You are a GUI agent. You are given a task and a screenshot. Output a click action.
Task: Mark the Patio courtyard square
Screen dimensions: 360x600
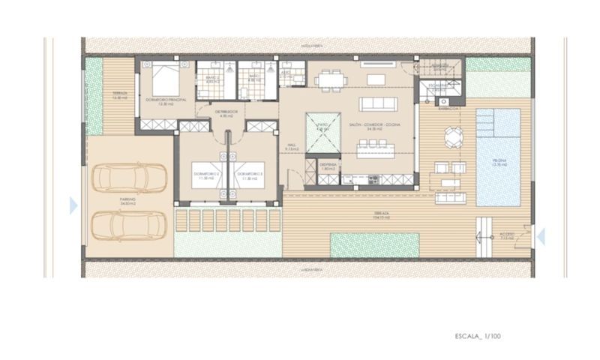pos(323,130)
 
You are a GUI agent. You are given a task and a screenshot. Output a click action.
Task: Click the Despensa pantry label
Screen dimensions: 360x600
pos(328,166)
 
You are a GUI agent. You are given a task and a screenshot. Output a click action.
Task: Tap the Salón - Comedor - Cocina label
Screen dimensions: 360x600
pos(375,125)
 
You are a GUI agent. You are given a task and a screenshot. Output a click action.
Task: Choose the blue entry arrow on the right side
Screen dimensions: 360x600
pos(540,236)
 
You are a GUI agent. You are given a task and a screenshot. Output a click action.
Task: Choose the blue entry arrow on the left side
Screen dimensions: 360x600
pos(73,205)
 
